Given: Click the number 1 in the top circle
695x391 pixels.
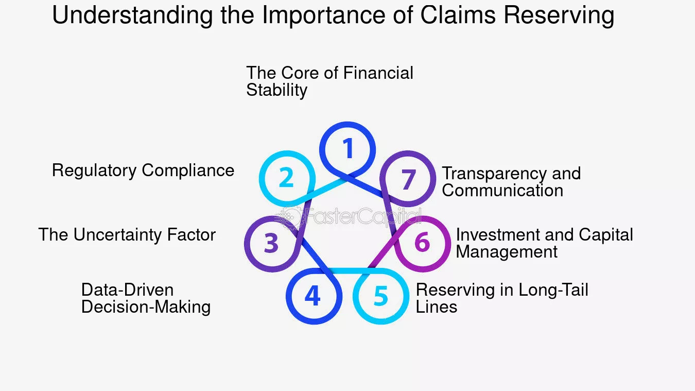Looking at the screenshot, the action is click(349, 148).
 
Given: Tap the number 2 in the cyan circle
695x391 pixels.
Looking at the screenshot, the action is click(286, 177).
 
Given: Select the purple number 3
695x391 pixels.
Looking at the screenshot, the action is click(271, 243).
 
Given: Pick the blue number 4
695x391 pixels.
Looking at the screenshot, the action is click(312, 296).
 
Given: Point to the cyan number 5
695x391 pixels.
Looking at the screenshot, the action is click(381, 296).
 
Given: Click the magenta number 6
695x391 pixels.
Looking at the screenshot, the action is click(422, 242).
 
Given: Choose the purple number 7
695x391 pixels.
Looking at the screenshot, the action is click(409, 179).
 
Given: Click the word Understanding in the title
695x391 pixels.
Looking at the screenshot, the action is click(132, 15).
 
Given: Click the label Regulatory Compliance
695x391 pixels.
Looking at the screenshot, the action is click(143, 171).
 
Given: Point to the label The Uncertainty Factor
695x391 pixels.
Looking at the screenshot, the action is click(127, 234).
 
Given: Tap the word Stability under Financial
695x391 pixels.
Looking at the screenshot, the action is click(277, 90).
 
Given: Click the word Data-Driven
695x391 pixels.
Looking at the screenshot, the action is click(128, 290).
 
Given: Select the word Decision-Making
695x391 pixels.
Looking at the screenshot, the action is click(146, 307).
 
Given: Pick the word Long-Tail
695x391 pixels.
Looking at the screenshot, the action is click(553, 290).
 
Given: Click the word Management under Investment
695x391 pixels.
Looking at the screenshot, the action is click(507, 251).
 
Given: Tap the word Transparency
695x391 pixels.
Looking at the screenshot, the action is click(494, 174).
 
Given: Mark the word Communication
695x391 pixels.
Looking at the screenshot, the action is click(502, 190).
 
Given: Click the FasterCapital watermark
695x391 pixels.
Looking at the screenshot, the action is click(351, 216).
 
